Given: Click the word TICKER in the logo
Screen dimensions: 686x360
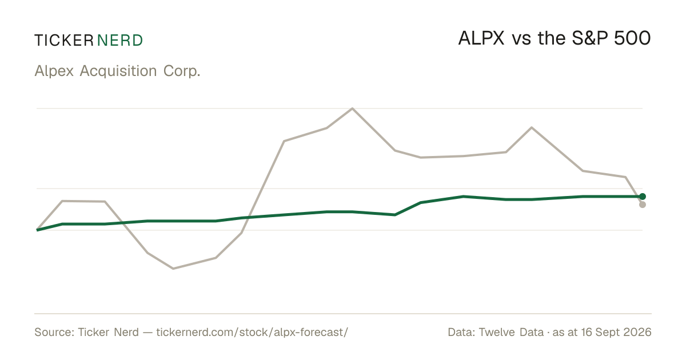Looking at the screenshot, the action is (64, 41).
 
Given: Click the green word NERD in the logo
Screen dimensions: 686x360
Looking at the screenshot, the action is (120, 41).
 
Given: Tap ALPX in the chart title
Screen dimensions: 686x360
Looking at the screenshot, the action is (481, 38).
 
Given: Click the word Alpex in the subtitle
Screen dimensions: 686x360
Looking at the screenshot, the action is (54, 71).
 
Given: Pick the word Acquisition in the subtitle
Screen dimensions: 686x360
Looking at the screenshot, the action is (118, 71).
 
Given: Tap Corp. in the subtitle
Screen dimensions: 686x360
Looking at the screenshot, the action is (182, 71).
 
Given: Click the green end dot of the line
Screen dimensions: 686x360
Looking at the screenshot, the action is (643, 197).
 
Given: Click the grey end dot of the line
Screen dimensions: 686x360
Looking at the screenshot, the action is (643, 205).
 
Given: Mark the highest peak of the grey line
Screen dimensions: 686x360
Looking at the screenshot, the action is (353, 108).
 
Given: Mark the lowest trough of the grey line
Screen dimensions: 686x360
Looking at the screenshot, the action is (173, 269).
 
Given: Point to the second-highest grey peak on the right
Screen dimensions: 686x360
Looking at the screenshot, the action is (532, 127).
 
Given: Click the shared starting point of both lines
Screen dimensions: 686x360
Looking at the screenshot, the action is (37, 230).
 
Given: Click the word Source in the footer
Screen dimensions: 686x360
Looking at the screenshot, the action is (54, 333).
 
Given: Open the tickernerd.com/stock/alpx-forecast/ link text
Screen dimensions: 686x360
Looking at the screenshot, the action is (252, 333).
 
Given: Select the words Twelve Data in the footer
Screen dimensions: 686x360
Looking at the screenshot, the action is (511, 333).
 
